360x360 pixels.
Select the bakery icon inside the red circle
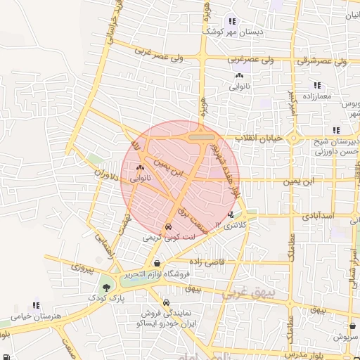click(x=140, y=168)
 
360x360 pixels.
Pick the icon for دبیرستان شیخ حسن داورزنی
click(x=336, y=129)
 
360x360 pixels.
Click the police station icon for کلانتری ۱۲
click(x=231, y=214)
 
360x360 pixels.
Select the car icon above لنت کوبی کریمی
click(x=169, y=228)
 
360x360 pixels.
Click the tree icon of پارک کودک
click(x=106, y=287)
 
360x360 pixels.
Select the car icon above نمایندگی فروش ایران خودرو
click(x=166, y=303)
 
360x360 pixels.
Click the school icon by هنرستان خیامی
click(x=14, y=307)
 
